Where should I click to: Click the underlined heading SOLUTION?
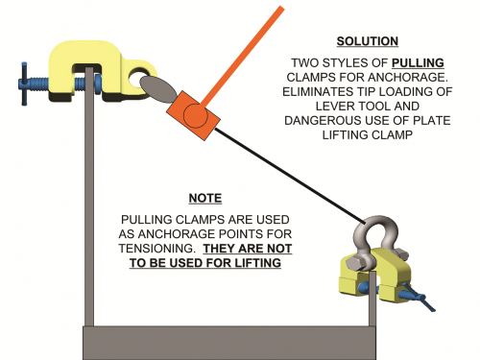tap(368, 41)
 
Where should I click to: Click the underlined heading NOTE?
tap(205, 198)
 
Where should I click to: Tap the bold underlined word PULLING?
tap(418, 62)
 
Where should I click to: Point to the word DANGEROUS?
tap(324, 120)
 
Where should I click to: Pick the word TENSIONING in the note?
tap(156, 249)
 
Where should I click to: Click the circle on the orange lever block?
tap(196, 116)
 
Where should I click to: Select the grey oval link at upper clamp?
tap(158, 89)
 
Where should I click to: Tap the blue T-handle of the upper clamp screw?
tap(24, 84)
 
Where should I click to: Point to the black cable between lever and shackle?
tap(290, 176)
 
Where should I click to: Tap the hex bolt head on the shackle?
tap(356, 263)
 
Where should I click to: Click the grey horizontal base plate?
tap(229, 343)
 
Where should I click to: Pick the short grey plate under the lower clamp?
tap(372, 299)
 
